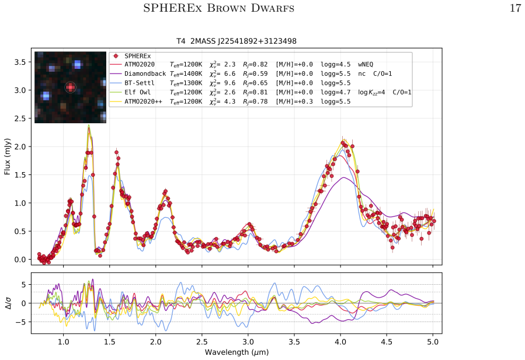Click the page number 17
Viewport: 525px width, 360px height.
click(515, 8)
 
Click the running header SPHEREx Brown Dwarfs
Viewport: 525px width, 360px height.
click(218, 8)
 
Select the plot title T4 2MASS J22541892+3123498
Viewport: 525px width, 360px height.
click(237, 41)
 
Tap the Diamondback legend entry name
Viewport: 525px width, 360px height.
click(145, 74)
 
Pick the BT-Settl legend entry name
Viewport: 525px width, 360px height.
click(140, 83)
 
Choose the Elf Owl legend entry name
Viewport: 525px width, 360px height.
click(137, 92)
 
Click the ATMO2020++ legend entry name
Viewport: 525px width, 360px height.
click(143, 102)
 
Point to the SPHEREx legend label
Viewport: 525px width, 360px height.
click(138, 56)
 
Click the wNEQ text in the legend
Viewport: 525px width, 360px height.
click(366, 64)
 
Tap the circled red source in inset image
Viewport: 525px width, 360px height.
click(70, 88)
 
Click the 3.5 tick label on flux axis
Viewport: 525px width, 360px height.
click(19, 62)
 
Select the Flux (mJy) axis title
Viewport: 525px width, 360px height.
click(7, 156)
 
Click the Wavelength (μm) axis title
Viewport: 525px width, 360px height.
click(237, 352)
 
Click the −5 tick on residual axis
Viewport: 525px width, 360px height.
click(21, 322)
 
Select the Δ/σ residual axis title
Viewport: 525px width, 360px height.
click(8, 303)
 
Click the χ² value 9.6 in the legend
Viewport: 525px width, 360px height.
click(230, 83)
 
